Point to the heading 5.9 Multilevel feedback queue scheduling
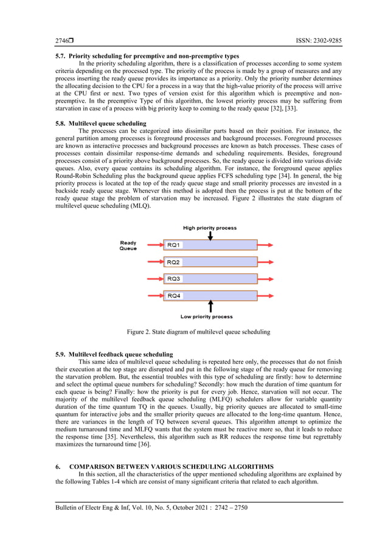114,354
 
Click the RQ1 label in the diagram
173,245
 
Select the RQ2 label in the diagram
173,262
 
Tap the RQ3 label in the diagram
173,279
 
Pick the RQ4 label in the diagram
173,296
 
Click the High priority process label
210,228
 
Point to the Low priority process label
207,317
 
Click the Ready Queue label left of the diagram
128,245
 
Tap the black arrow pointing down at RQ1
210,235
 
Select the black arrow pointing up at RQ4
210,306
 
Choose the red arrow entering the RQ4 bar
153,296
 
